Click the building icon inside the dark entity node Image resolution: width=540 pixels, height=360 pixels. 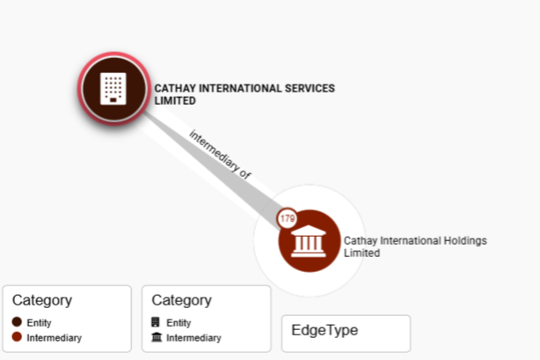[113, 87]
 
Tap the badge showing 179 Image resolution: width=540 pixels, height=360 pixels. [287, 217]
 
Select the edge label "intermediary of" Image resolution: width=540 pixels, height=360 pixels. [220, 154]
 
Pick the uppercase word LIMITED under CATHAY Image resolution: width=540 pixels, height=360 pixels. [174, 100]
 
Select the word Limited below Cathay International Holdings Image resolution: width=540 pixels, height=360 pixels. [361, 253]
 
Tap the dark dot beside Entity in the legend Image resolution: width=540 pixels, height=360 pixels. [17, 323]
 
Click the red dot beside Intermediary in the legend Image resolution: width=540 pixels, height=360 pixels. [17, 337]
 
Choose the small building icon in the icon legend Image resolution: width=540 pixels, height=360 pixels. [157, 323]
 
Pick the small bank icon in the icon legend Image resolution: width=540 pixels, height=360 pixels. [157, 337]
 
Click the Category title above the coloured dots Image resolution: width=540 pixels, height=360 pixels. [42, 301]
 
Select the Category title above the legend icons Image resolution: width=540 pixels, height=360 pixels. [182, 301]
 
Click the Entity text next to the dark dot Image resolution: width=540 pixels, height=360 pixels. [39, 323]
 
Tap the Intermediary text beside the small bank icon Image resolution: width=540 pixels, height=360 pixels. [193, 337]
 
